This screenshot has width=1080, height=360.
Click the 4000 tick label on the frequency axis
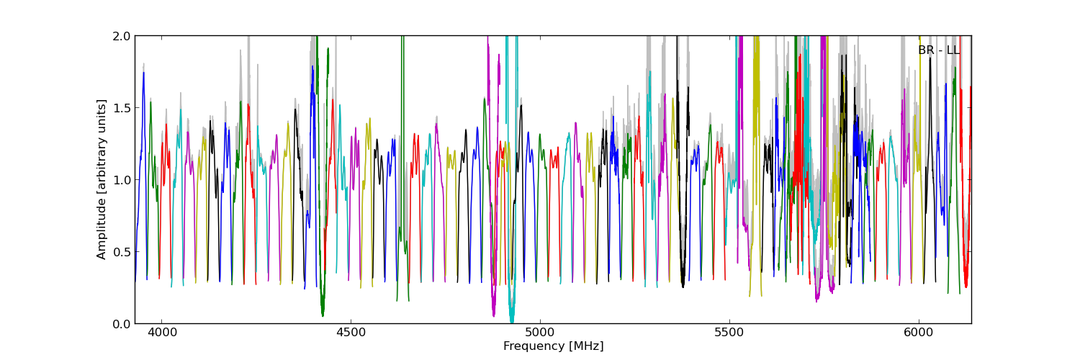point(161,334)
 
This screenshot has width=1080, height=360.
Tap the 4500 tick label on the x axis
point(351,334)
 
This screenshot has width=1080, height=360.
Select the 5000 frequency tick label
point(540,334)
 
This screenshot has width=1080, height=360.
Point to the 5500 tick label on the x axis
point(729,334)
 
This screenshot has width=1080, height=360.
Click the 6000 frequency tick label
point(919,334)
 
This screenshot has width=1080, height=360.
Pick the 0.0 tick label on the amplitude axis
point(122,323)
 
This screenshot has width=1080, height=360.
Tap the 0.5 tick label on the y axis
point(122,251)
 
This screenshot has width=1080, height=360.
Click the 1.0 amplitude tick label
point(122,179)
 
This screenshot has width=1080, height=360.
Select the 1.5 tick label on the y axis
point(122,107)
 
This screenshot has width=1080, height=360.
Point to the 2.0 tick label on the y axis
point(122,36)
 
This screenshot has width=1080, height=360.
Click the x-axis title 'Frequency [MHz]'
point(553,346)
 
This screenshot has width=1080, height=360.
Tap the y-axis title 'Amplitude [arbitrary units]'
point(102,179)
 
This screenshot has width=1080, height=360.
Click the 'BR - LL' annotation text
point(938,50)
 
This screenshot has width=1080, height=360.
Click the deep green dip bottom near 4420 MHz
point(323,314)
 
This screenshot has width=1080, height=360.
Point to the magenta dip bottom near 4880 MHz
point(493,314)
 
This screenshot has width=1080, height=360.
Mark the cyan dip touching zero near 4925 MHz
point(511,320)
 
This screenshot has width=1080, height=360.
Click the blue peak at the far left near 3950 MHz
point(143,73)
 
